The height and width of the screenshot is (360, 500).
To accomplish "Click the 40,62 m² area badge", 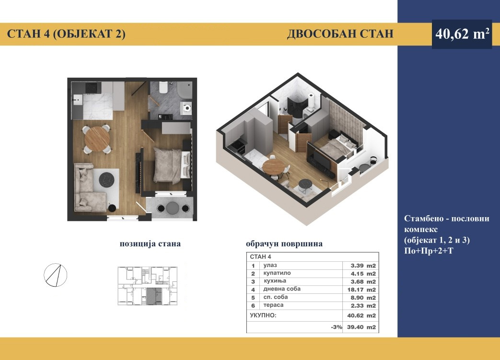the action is (462, 34).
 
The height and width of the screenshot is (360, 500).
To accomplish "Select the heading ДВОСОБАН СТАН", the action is (340, 34).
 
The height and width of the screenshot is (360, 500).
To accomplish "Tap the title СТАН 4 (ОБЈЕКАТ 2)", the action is (66, 34).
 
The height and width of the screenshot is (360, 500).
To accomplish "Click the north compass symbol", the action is (56, 275).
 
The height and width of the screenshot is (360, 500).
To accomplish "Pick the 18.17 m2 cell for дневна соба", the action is (361, 290).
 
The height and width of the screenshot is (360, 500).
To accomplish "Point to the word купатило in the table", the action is (277, 273).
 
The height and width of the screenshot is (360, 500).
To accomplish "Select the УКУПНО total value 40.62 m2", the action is (361, 316).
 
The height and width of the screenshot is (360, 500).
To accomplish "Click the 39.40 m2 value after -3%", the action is (361, 327).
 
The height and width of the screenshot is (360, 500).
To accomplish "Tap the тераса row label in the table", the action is (273, 305).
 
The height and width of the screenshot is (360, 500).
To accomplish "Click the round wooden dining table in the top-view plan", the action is (97, 139).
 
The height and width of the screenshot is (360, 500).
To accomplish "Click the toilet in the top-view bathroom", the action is (163, 87).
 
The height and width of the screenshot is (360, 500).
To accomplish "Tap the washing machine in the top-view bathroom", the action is (186, 108).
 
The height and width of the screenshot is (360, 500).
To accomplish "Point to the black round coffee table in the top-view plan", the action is (106, 180).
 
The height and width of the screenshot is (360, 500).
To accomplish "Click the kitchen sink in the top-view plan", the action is (77, 100).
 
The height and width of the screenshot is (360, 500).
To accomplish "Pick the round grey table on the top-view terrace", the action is (173, 208).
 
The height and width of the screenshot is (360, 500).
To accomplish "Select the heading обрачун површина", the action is (284, 244).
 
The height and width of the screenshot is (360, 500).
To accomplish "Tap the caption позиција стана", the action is (150, 244).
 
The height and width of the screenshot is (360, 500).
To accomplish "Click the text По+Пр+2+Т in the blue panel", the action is (429, 251).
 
